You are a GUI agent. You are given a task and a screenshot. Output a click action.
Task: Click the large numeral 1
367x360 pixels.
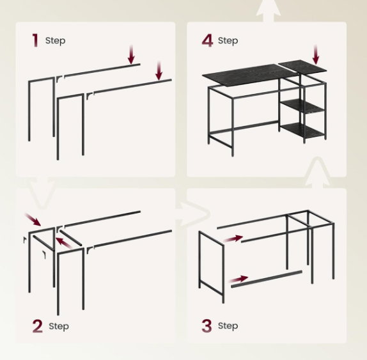(35, 40)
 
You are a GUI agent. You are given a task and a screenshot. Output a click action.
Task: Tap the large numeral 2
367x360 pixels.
(38, 326)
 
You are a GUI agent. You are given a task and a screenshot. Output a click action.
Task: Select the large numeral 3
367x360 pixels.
(207, 326)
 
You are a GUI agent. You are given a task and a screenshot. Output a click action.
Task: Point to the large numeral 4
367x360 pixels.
(207, 40)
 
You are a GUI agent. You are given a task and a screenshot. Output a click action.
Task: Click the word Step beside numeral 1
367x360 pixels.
(55, 40)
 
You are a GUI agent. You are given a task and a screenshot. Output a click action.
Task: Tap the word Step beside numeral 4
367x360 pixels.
(228, 40)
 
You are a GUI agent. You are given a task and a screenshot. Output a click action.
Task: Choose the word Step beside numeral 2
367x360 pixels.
(59, 326)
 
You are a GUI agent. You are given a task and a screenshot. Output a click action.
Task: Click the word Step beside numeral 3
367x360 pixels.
(228, 325)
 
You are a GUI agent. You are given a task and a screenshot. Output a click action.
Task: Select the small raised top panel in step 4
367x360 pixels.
(302, 67)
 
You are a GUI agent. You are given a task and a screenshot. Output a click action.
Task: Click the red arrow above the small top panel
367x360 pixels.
(316, 55)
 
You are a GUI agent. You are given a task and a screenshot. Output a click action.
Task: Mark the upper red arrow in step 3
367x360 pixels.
(233, 239)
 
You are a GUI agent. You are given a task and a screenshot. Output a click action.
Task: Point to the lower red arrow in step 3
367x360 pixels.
(238, 279)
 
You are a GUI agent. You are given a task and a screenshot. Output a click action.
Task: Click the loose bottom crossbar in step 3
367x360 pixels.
(267, 279)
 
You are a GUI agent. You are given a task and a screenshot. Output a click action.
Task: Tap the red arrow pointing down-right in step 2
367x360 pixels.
(33, 219)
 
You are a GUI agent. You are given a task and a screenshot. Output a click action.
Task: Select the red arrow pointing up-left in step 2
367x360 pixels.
(63, 242)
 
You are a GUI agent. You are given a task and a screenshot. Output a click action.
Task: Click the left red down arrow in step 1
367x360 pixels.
(131, 54)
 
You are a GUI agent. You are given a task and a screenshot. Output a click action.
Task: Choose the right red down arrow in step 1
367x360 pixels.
(159, 71)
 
